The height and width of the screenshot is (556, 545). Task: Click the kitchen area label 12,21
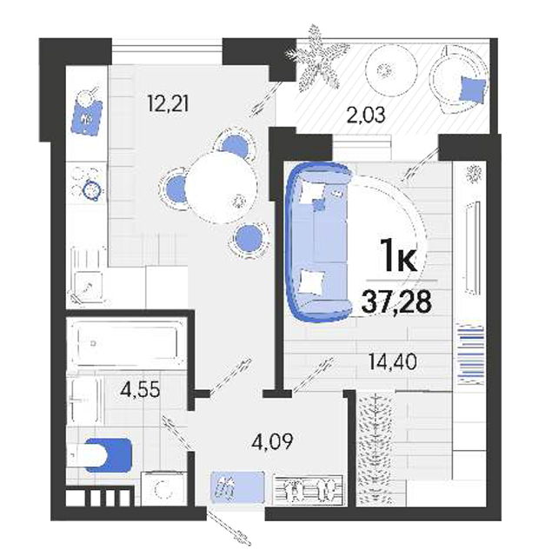click(x=168, y=104)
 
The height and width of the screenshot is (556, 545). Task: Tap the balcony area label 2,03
click(x=366, y=116)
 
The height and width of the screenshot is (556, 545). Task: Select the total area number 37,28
click(x=396, y=301)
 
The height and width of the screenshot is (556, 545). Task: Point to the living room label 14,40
click(x=392, y=362)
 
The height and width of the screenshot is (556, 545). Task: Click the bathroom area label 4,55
click(x=141, y=390)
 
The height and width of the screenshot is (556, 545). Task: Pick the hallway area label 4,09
click(x=272, y=442)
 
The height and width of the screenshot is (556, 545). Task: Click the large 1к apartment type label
click(x=398, y=255)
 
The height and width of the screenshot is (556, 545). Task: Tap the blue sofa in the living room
click(x=319, y=242)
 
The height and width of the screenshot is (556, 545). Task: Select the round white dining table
click(x=221, y=188)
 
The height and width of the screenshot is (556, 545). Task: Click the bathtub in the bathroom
click(x=128, y=343)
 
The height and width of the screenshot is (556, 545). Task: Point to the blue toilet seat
click(x=109, y=455)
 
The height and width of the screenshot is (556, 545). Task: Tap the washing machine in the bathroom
click(x=163, y=488)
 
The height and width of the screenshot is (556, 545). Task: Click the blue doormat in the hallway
click(x=237, y=487)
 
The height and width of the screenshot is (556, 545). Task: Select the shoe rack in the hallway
click(x=309, y=490)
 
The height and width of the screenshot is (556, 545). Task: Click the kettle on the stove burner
click(x=92, y=190)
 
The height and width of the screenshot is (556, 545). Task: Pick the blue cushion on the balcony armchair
click(x=473, y=90)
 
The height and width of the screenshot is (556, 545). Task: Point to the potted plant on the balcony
click(x=316, y=58)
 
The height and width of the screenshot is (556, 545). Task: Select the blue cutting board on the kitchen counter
click(x=87, y=118)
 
